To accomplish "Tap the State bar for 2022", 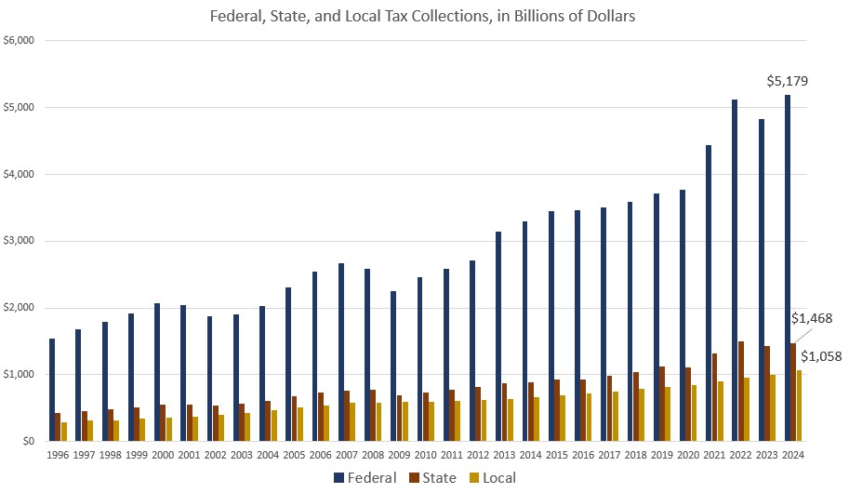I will tap(741, 391).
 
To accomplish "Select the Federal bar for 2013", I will tap(498, 336).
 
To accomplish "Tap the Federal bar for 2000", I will tap(157, 372).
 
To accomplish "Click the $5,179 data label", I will tap(787, 81).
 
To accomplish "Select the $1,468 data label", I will tap(811, 318).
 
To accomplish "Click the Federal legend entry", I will tap(365, 478).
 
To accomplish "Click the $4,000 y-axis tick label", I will tap(19, 174).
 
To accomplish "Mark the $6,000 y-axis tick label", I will tap(19, 41).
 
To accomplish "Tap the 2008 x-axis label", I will tap(372, 454).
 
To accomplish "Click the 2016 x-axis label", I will tap(581, 454).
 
